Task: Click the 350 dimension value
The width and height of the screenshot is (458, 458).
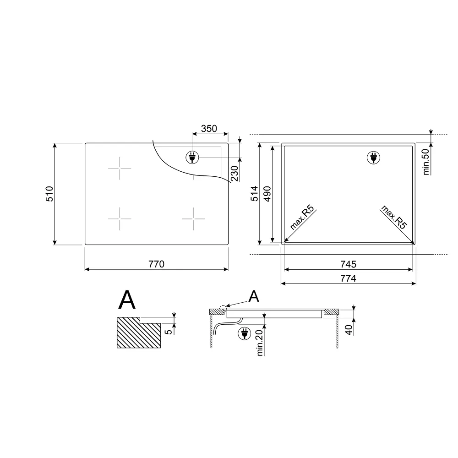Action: [x=209, y=129]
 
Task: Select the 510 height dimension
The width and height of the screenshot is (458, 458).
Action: [x=49, y=194]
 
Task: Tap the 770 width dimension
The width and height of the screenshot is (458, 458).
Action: [x=157, y=264]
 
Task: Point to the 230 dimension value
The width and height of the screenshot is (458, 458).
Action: [x=234, y=174]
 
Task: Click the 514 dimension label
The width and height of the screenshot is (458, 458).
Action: [x=254, y=194]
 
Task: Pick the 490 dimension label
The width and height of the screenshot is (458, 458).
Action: [x=267, y=194]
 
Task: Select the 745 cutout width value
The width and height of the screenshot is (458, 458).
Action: [x=349, y=264]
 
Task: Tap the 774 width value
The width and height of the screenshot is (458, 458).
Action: [x=349, y=278]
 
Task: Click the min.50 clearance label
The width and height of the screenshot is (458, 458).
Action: [x=426, y=162]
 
